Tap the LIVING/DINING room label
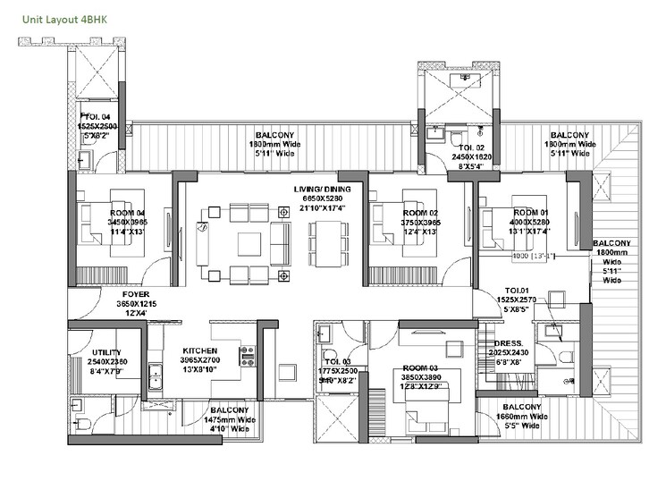[322, 190]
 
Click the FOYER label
[136, 293]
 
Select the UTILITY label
[106, 352]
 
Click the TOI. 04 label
[97, 117]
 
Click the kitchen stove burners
[246, 355]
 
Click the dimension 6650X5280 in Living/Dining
[323, 198]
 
